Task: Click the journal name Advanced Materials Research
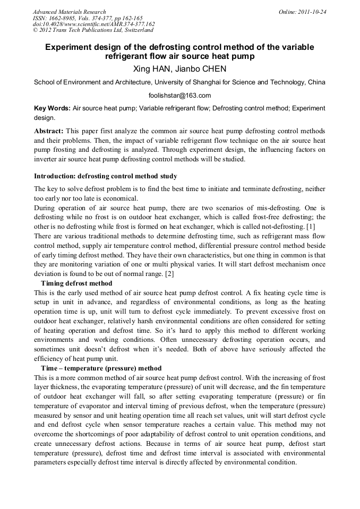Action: point(69,12)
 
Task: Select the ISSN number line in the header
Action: point(88,18)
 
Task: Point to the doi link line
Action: point(94,24)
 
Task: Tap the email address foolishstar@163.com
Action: point(179,96)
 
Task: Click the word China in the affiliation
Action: point(315,82)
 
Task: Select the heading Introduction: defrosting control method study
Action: point(106,176)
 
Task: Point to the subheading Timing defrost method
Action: point(76,283)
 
